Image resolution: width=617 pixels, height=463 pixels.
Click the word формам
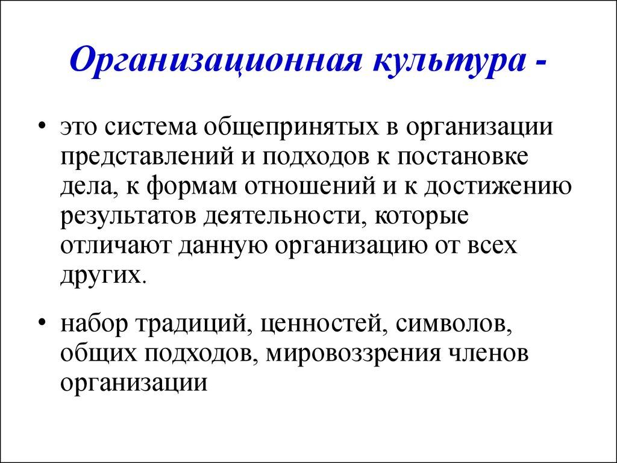point(190,187)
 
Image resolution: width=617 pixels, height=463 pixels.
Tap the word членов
point(488,353)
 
